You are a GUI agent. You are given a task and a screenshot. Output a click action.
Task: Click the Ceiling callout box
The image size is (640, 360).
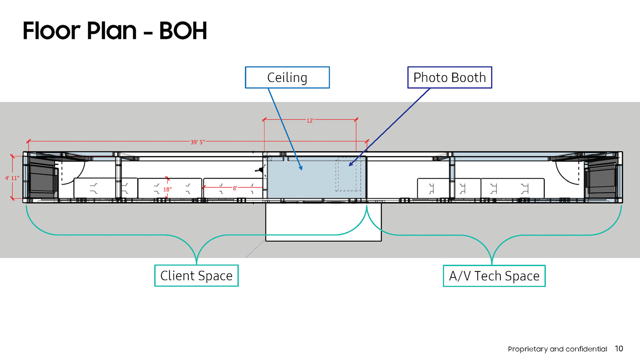tap(287, 77)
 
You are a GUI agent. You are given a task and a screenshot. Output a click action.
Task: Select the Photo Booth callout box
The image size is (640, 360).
tap(449, 77)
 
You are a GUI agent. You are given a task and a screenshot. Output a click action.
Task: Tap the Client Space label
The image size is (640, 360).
tap(196, 276)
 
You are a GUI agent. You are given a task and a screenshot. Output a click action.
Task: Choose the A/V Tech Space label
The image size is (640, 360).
tap(494, 276)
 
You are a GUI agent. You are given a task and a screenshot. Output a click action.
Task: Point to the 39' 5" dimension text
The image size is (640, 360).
tap(198, 142)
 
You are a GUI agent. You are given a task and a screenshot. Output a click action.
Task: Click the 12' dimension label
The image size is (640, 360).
tap(310, 120)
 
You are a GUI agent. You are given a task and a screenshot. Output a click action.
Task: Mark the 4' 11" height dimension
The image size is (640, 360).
tap(12, 178)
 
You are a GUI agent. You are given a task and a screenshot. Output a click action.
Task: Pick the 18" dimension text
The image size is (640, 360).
tap(167, 189)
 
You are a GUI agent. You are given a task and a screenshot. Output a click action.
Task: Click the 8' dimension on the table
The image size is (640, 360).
tap(235, 188)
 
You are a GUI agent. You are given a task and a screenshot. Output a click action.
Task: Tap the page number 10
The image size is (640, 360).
tap(619, 349)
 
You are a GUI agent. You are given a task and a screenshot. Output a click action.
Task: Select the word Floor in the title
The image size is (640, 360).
tap(52, 31)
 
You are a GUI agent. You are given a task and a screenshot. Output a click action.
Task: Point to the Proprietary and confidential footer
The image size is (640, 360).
tap(557, 349)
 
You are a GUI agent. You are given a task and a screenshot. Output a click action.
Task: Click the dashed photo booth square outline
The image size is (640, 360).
tap(348, 174)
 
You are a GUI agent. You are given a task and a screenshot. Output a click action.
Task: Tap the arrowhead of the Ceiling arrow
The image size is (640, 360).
tap(301, 169)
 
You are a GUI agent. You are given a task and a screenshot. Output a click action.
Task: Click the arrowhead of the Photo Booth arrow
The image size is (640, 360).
tap(350, 164)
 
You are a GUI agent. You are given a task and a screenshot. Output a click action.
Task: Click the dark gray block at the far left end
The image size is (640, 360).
tap(41, 178)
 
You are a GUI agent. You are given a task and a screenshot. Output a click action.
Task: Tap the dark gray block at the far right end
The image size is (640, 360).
tap(601, 178)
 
